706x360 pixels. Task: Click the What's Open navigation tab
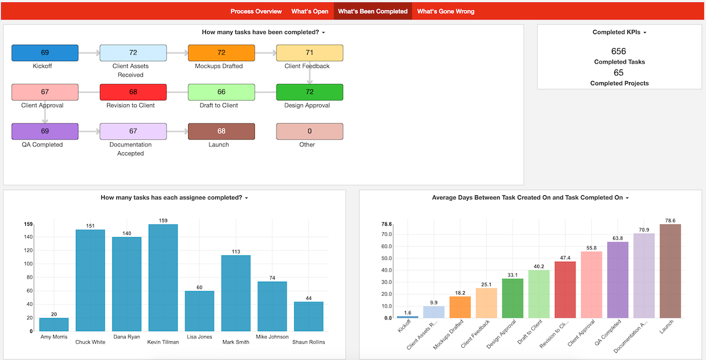click(x=309, y=11)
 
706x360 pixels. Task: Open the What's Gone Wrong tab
click(x=445, y=11)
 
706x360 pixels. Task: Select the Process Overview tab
click(x=256, y=11)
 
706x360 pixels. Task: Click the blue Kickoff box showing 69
click(x=45, y=52)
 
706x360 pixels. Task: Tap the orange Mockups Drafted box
click(x=221, y=52)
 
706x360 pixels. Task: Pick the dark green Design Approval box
click(x=309, y=92)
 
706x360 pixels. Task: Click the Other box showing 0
click(x=309, y=131)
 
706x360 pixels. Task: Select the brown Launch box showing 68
click(x=221, y=131)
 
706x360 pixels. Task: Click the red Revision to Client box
click(x=133, y=92)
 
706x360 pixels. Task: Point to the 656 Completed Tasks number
click(x=618, y=51)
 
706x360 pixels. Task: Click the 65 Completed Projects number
click(x=618, y=73)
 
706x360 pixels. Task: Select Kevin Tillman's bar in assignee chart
click(x=163, y=278)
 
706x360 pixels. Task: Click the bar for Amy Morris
click(x=54, y=324)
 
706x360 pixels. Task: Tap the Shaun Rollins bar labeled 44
click(x=308, y=316)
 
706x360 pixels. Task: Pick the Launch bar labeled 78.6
click(x=670, y=271)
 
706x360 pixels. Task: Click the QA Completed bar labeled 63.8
click(x=618, y=279)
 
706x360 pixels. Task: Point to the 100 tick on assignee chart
click(x=28, y=264)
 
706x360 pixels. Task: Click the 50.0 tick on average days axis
click(x=387, y=258)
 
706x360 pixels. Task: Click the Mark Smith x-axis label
click(x=236, y=342)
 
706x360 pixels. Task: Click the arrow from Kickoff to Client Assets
click(x=89, y=53)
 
